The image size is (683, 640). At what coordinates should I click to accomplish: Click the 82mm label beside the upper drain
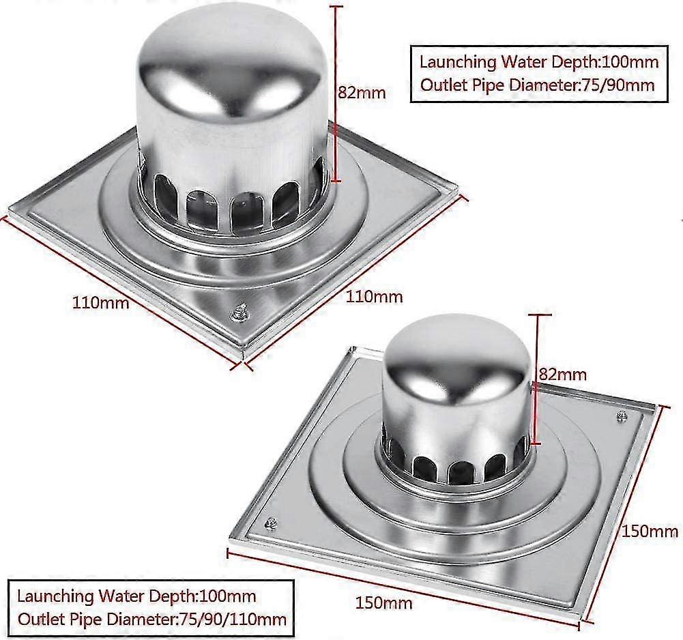(362, 93)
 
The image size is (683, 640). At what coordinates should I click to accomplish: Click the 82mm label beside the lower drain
(562, 374)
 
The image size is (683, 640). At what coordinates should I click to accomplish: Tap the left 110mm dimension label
(100, 302)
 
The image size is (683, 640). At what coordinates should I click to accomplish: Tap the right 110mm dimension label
(375, 297)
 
